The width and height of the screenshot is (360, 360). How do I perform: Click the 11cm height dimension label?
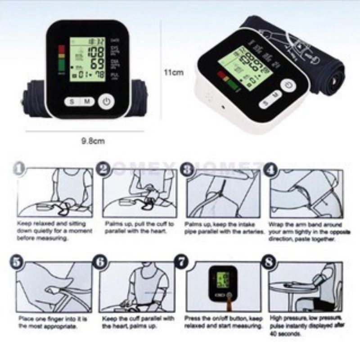click(173, 72)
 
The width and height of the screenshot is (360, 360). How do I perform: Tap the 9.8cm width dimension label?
click(93, 141)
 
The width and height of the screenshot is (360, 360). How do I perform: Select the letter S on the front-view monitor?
click(72, 102)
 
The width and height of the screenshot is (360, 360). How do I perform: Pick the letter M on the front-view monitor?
click(87, 102)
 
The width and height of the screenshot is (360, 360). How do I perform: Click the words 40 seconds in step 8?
click(286, 334)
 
